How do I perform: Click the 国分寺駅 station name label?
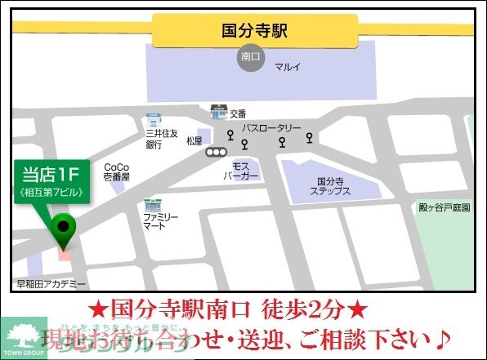[254, 31]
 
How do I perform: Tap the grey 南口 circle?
[250, 58]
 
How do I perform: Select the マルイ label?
[287, 65]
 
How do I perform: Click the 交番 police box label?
[238, 114]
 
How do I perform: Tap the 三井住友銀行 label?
[155, 138]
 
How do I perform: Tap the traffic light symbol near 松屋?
[217, 152]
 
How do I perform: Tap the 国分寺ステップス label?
[331, 186]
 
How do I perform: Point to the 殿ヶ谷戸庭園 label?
[444, 207]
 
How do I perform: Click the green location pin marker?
[63, 228]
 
